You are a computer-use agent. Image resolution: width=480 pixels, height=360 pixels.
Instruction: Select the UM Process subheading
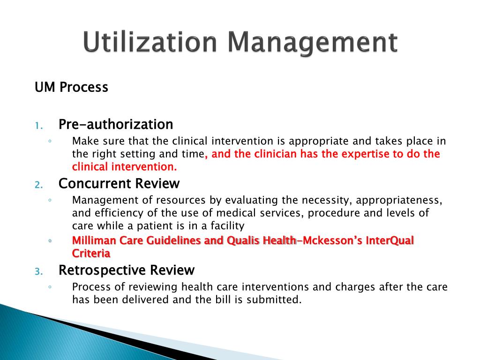pyautogui.click(x=71, y=87)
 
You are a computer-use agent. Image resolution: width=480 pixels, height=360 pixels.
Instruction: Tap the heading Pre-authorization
pyautogui.click(x=115, y=125)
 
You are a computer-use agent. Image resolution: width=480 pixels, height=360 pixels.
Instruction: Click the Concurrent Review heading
pyautogui.click(x=119, y=183)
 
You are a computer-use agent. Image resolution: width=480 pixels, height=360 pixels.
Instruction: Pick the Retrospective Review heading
pyautogui.click(x=126, y=270)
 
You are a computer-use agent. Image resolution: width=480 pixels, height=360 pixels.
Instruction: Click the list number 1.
pyautogui.click(x=39, y=126)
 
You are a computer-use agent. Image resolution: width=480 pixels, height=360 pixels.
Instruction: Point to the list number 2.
pyautogui.click(x=39, y=184)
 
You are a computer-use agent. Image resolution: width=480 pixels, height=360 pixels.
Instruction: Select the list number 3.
pyautogui.click(x=39, y=271)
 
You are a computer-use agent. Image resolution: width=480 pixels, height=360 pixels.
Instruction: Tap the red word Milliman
pyautogui.click(x=92, y=241)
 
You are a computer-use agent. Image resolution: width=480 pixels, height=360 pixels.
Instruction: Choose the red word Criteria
pyautogui.click(x=91, y=254)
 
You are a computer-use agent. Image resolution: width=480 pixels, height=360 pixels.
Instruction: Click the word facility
pyautogui.click(x=227, y=226)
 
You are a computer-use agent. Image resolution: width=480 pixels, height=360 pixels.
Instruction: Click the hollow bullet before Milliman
pyautogui.click(x=50, y=241)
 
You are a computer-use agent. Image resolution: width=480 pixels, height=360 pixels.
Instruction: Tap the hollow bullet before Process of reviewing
pyautogui.click(x=50, y=287)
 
